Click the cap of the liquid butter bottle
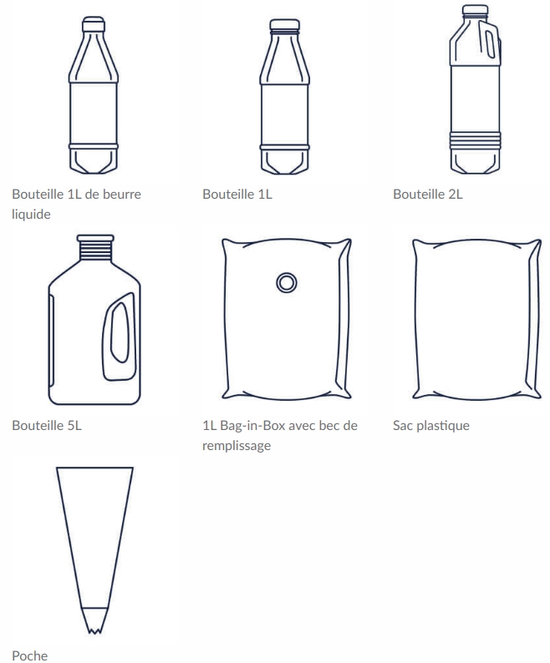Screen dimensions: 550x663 [94, 24]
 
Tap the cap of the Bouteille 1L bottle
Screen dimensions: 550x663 [284, 24]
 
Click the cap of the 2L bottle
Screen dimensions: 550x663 [475, 10]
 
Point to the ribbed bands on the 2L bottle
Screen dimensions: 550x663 [475, 140]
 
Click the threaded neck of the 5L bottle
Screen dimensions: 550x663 [95, 247]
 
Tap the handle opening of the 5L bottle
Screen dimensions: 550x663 [120, 332]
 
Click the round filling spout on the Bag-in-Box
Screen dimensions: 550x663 [287, 282]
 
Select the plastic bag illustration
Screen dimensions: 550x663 [476, 319]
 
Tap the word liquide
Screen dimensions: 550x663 [31, 214]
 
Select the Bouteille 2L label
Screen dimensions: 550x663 [428, 194]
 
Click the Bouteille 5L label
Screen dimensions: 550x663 [47, 425]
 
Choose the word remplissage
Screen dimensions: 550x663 [237, 445]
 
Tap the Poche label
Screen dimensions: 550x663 [29, 655]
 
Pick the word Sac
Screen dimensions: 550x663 [403, 425]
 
